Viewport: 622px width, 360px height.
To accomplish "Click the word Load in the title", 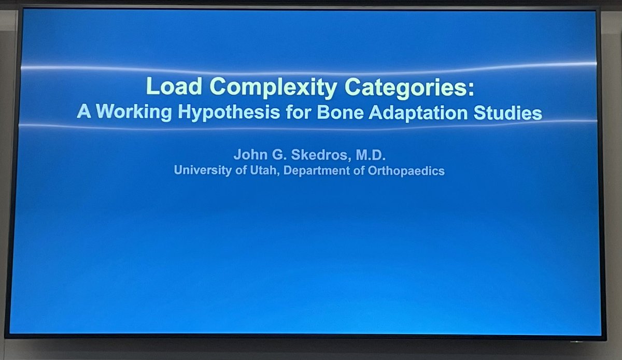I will [168, 87].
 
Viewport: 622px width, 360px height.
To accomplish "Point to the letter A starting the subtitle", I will [82, 112].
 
